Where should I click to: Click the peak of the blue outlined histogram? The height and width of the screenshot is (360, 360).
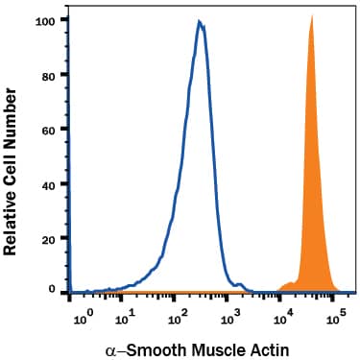click(x=199, y=21)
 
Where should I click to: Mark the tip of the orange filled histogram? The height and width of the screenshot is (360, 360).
click(x=312, y=16)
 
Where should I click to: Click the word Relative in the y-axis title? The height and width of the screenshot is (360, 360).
click(x=13, y=220)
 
